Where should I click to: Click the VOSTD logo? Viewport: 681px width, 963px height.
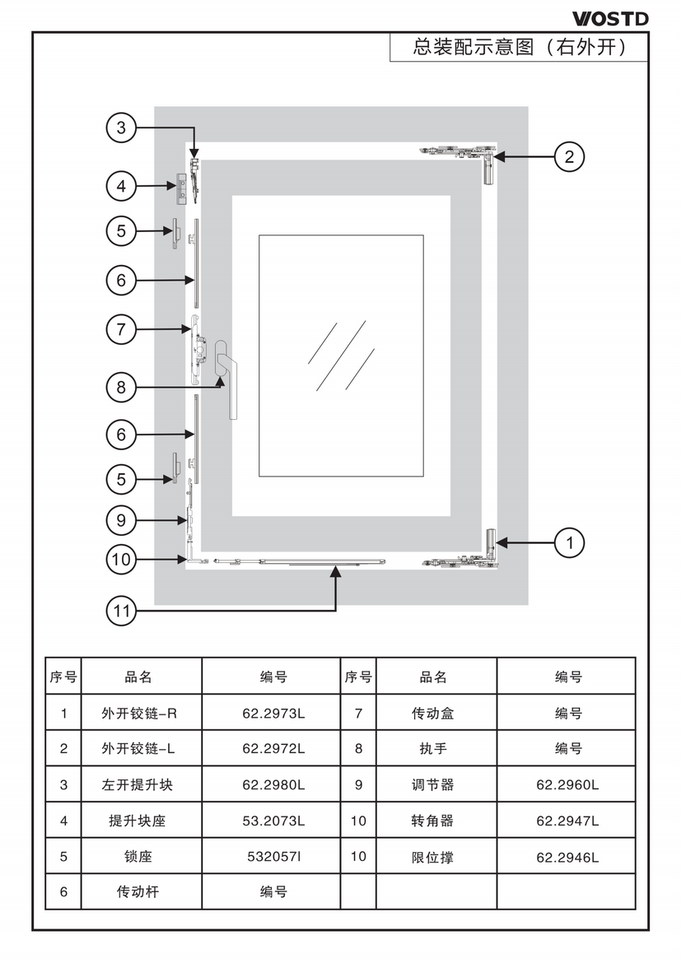[610, 18]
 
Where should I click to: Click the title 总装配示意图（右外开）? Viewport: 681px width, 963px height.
[520, 48]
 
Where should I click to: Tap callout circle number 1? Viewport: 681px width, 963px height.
[569, 542]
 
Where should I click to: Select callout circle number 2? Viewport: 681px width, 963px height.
[569, 156]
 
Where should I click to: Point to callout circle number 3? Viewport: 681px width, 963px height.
[121, 128]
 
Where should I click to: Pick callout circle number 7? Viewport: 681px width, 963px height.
[121, 329]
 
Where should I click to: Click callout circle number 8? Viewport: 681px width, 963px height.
[121, 387]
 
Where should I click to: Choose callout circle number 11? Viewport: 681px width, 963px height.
[121, 611]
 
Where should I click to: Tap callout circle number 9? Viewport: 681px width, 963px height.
[121, 520]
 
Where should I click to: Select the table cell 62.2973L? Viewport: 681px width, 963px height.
[273, 714]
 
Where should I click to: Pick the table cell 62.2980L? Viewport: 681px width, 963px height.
[273, 785]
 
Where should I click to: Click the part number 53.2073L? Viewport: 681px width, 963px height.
[273, 821]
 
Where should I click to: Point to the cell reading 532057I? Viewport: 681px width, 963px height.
[273, 857]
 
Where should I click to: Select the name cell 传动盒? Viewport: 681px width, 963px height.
[433, 714]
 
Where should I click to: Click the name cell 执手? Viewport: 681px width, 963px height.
[433, 749]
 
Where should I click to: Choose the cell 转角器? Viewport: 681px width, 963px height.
[433, 821]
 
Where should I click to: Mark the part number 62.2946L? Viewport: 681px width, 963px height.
[567, 857]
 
